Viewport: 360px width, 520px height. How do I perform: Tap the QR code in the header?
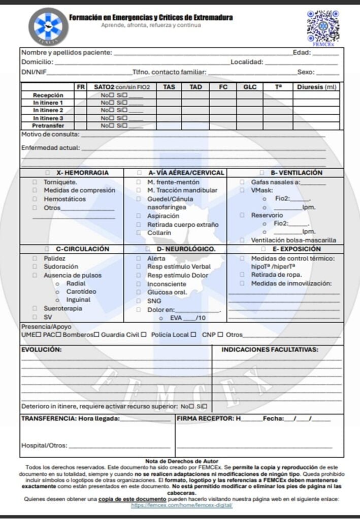(x=322, y=25)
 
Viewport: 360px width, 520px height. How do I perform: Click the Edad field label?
(x=301, y=52)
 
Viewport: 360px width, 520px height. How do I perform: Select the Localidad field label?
(x=247, y=62)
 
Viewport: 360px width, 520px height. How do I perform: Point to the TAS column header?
(x=169, y=87)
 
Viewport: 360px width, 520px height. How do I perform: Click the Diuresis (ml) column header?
(x=317, y=87)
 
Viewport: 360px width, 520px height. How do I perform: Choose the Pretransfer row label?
(x=48, y=125)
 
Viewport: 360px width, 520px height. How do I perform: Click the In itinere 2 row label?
(x=48, y=110)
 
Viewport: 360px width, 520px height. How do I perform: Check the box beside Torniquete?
(x=35, y=182)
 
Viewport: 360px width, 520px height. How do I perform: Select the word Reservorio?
(x=267, y=215)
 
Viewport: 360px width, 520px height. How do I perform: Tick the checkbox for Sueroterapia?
(x=35, y=308)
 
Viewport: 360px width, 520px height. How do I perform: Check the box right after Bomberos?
(x=97, y=335)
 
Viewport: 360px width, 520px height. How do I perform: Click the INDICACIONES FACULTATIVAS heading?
(x=270, y=349)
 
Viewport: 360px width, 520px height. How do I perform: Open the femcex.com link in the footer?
(x=182, y=506)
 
